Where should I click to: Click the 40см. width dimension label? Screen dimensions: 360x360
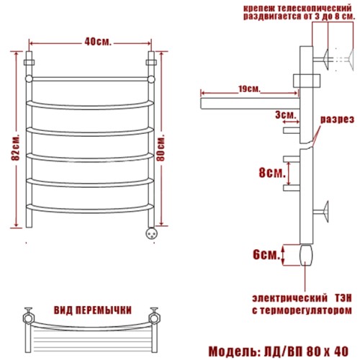pos(98,42)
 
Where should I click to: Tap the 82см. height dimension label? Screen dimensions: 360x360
pos(15,146)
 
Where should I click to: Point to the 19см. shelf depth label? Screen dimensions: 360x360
pos(250,89)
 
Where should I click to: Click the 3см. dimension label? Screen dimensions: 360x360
pos(286,114)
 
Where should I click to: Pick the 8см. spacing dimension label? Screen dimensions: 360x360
pos(272,173)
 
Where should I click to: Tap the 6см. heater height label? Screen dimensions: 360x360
pos(266,255)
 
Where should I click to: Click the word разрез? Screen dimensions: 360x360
pos(338,120)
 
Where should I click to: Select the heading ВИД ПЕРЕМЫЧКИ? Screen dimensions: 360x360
pos(93,310)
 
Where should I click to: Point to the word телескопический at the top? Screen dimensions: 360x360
pos(315,9)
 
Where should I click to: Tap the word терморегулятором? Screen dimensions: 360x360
pos(306,310)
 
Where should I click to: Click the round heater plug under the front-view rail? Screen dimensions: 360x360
pos(152,233)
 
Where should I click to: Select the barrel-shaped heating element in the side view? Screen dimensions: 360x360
pos(306,255)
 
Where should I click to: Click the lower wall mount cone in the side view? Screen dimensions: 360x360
pos(325,212)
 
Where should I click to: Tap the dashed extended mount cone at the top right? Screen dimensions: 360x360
pos(350,59)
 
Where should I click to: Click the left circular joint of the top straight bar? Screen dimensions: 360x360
pos(29,78)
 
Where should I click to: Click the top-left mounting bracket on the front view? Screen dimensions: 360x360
pos(29,63)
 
